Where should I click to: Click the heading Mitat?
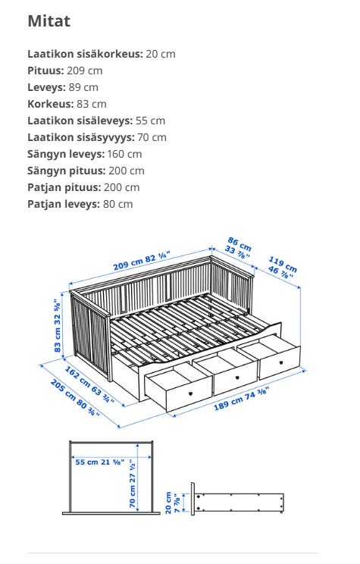(x=49, y=21)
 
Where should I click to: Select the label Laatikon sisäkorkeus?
(x=84, y=54)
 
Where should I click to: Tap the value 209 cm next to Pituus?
(x=85, y=70)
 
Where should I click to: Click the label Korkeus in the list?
(x=50, y=104)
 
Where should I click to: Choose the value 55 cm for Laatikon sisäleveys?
(x=150, y=121)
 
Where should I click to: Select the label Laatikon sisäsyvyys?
(x=80, y=137)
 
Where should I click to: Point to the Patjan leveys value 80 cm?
(x=116, y=204)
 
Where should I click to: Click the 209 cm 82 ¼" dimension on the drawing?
(x=142, y=261)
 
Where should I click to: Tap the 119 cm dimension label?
(x=282, y=268)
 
